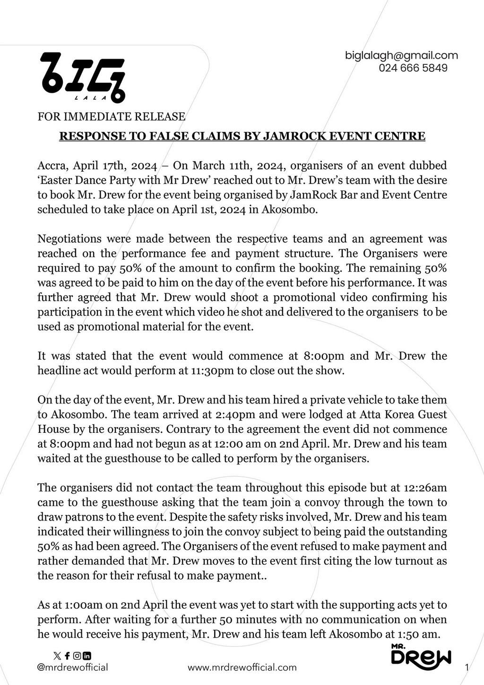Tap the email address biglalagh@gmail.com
[401, 55]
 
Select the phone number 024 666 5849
[413, 68]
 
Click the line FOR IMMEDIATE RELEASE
[112, 116]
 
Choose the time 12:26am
[424, 488]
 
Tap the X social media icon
[58, 656]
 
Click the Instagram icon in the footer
[78, 656]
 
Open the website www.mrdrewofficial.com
[242, 667]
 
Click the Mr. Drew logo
[421, 655]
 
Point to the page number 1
[467, 667]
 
